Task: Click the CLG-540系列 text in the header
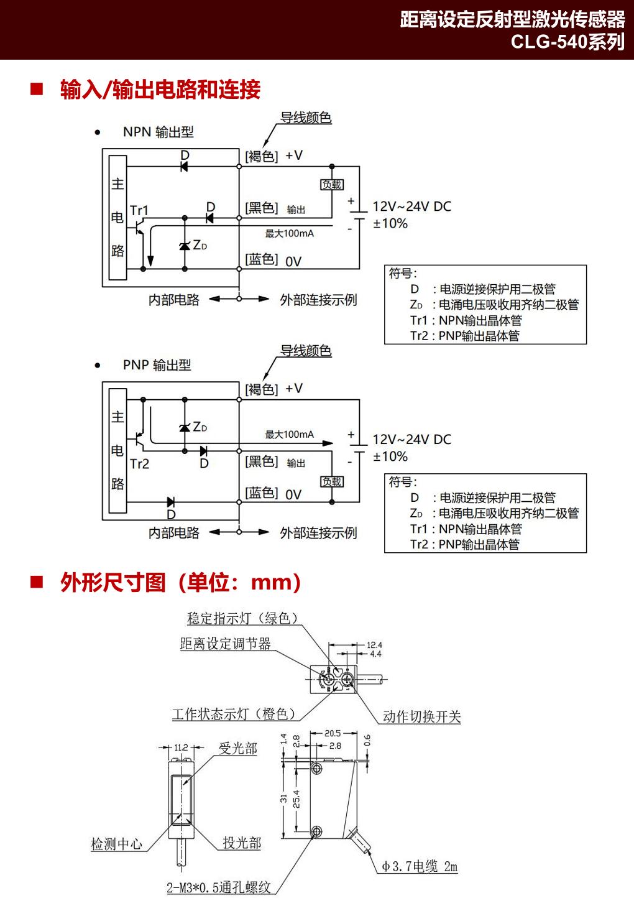[x=567, y=42]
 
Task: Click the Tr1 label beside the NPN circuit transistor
[x=139, y=210]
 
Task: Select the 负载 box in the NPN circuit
[x=331, y=185]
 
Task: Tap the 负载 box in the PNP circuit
[x=331, y=482]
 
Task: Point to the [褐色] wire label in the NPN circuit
[x=262, y=156]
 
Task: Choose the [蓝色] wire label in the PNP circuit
[x=262, y=493]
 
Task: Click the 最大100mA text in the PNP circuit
[x=290, y=435]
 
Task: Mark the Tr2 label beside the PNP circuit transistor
[x=139, y=464]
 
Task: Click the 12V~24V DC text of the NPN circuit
[x=411, y=206]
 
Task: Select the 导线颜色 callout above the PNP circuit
[x=305, y=351]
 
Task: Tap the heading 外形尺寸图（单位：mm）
[x=181, y=583]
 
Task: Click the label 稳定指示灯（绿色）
[x=243, y=618]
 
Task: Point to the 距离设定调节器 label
[x=225, y=644]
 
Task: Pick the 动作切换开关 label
[x=421, y=716]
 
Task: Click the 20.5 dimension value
[x=333, y=733]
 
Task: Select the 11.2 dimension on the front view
[x=181, y=747]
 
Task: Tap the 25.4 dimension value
[x=296, y=799]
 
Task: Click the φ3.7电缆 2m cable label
[x=420, y=866]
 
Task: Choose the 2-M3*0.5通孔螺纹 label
[x=219, y=887]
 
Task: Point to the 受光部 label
[x=237, y=749]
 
